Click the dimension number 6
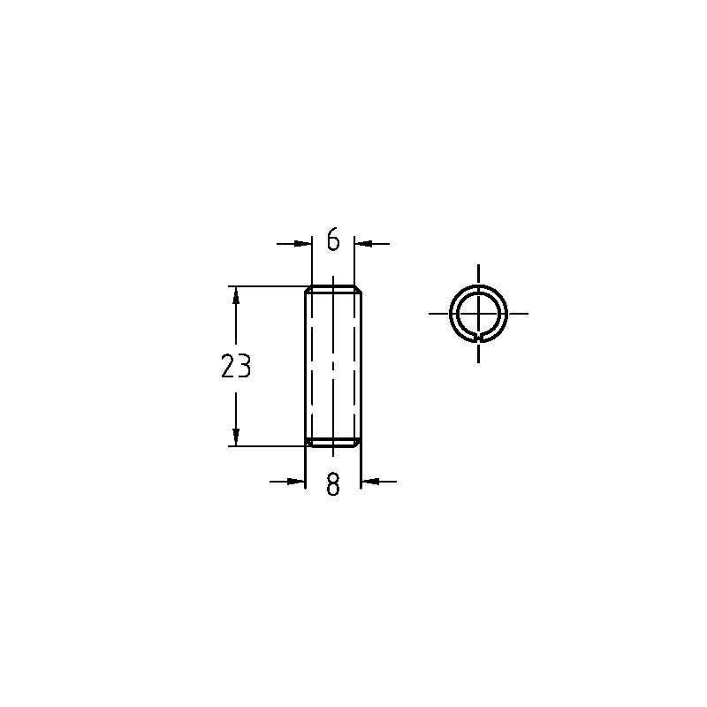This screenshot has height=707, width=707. click(x=333, y=239)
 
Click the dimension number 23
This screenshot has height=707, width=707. click(x=236, y=366)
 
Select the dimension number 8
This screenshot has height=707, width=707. click(x=333, y=484)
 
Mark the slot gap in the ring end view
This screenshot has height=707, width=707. click(x=478, y=338)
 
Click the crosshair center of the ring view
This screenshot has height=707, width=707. click(x=478, y=313)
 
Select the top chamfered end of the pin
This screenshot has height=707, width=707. click(x=333, y=290)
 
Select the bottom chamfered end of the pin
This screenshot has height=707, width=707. click(x=333, y=442)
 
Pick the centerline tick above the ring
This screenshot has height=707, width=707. click(x=478, y=270)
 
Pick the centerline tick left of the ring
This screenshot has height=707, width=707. click(x=437, y=313)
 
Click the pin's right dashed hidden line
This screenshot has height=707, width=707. click(x=354, y=366)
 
